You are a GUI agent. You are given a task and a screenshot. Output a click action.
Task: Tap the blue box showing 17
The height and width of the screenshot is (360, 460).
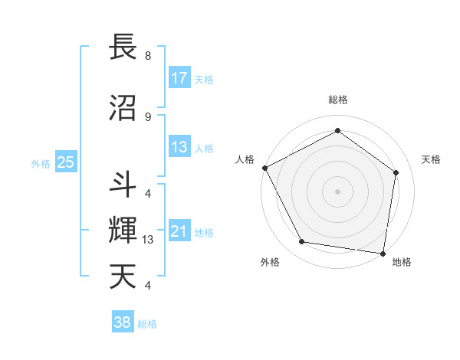tap(179, 77)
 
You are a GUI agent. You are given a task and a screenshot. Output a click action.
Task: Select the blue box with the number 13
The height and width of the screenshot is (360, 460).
tap(179, 147)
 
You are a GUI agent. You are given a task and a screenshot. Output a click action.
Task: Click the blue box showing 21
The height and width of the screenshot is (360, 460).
tap(179, 231)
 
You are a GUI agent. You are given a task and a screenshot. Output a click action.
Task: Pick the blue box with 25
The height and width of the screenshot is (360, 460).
tap(65, 162)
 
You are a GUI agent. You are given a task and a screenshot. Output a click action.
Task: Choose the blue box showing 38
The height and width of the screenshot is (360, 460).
tap(123, 322)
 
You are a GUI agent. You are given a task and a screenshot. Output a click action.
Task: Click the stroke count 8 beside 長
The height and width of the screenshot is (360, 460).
tap(147, 56)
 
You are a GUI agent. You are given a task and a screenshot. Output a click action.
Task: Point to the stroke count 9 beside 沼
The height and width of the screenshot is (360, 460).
tap(147, 116)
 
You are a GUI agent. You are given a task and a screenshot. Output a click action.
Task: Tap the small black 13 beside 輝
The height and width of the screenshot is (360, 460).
tap(149, 239)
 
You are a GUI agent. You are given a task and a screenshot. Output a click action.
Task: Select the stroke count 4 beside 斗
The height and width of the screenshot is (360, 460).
tap(147, 193)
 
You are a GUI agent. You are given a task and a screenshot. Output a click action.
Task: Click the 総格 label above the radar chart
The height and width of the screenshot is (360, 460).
tap(337, 100)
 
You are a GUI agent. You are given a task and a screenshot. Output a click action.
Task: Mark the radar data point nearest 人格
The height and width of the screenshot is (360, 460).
tap(264, 168)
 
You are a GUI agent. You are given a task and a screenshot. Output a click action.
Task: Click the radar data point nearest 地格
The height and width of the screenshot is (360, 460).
tap(383, 253)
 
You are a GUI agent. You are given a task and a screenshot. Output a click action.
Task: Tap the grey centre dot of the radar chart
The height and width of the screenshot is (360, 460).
tap(337, 191)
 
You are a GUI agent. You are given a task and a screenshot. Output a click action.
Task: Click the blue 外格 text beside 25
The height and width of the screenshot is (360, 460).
tap(41, 163)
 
